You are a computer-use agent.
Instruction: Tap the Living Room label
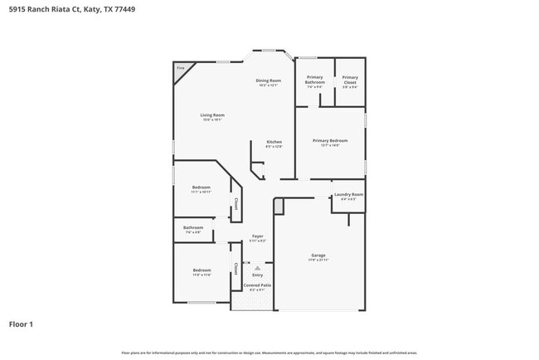tap(212, 115)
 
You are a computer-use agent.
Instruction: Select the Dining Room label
tap(269, 80)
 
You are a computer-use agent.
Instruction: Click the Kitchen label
tap(274, 142)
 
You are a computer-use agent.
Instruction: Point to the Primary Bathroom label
tap(315, 80)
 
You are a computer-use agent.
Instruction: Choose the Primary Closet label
tap(350, 80)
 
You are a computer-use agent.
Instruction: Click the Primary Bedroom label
tap(330, 141)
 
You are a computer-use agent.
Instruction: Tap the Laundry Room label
tap(348, 195)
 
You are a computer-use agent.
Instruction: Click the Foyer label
tap(258, 237)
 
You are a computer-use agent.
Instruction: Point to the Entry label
tap(258, 275)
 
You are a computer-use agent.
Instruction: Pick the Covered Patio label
tap(258, 285)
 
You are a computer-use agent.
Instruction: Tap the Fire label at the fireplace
tap(180, 67)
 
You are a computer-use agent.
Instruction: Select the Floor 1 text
tap(21, 324)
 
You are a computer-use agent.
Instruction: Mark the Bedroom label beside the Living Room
tap(202, 187)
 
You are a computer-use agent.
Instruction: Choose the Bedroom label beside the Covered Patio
tap(202, 270)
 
